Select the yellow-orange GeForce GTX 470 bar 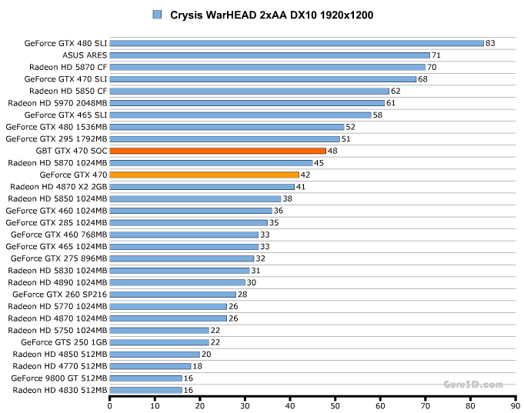(x=204, y=175)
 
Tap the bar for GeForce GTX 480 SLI (x=296, y=43)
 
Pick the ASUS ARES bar (x=269, y=55)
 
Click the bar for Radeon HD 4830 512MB (x=146, y=391)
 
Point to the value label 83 (x=490, y=43)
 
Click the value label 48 (x=332, y=151)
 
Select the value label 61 (x=391, y=103)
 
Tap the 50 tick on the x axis (x=335, y=405)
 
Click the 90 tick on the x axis (x=514, y=405)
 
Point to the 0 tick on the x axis (x=110, y=405)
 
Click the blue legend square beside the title (x=158, y=15)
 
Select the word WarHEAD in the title (x=232, y=15)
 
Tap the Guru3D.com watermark (x=472, y=384)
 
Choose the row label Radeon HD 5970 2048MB (x=58, y=103)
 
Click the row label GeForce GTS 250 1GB (x=64, y=342)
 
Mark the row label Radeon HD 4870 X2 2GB (x=59, y=187)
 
